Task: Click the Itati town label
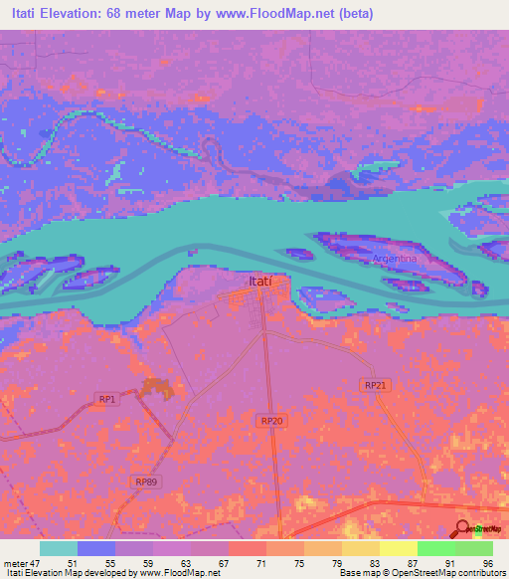pyautogui.click(x=257, y=282)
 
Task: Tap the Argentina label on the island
pyautogui.click(x=395, y=259)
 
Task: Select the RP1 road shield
pyautogui.click(x=107, y=399)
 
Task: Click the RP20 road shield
pyautogui.click(x=272, y=422)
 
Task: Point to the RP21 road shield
pyautogui.click(x=375, y=385)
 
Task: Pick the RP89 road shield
pyautogui.click(x=145, y=482)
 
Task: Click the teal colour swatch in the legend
pyautogui.click(x=59, y=548)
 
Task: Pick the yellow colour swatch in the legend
pyautogui.click(x=398, y=548)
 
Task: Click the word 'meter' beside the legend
pyautogui.click(x=14, y=564)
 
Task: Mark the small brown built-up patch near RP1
pyautogui.click(x=155, y=388)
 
